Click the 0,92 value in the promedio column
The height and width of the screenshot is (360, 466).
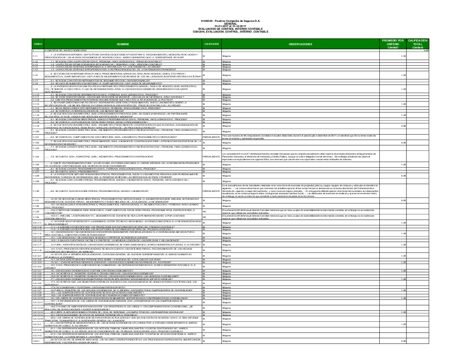(404, 200)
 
